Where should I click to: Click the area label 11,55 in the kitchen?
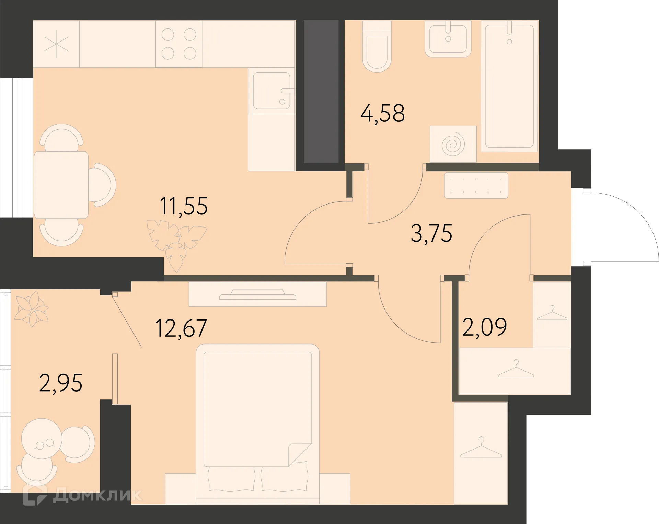coord(184,206)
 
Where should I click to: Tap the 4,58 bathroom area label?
coord(382,113)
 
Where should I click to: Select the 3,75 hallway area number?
coord(431,233)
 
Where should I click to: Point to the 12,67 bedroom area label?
coord(181,328)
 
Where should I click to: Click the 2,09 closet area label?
coord(484,327)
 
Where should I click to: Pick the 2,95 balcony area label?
coord(61,383)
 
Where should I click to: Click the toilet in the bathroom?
coord(377,46)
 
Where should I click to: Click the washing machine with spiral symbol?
coord(453,144)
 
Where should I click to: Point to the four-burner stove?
coord(179,44)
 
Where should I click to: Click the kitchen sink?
coord(271,91)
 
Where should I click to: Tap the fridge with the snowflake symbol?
coord(56,44)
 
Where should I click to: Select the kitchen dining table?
coord(61,185)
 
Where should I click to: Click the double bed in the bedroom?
coord(257,424)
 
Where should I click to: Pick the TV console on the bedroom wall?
coord(257,294)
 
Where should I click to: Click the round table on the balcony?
coord(42,439)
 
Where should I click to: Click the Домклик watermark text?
coord(97,495)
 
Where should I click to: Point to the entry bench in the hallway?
coord(476,185)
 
